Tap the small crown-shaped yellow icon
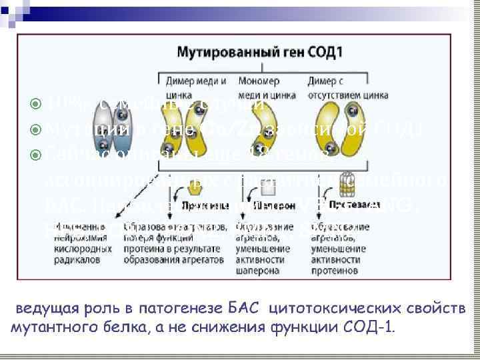pos(181,192)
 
